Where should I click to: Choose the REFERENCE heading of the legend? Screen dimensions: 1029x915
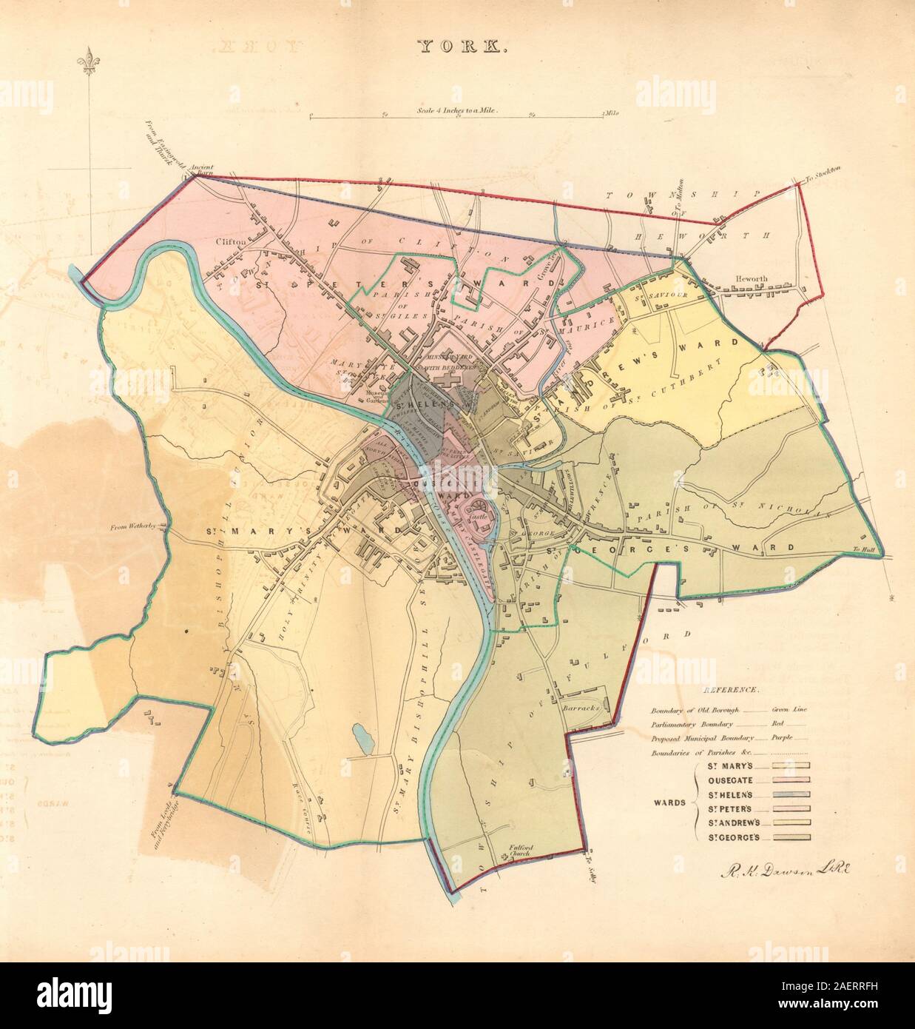(729, 690)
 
